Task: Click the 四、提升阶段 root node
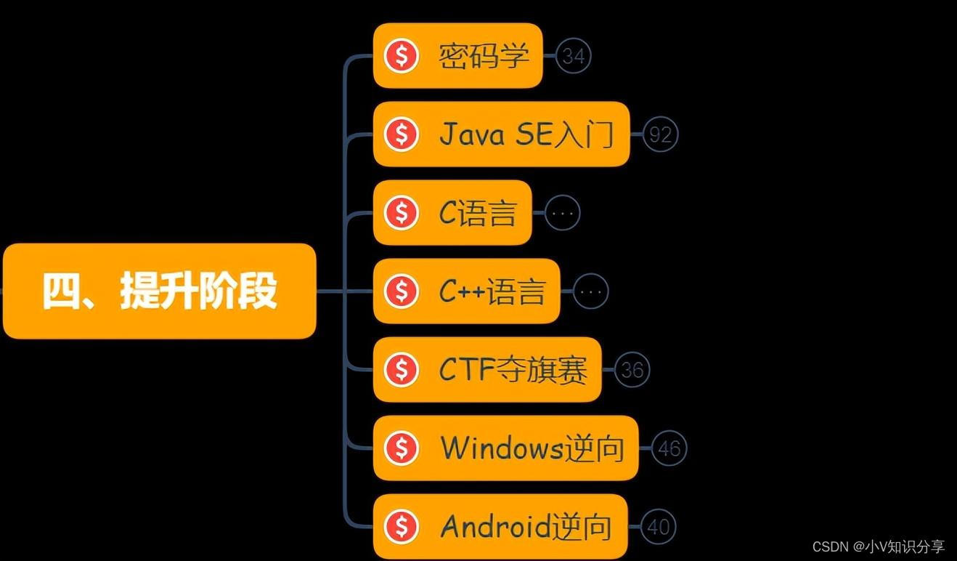(159, 291)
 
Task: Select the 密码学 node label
(484, 56)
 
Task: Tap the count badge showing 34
(574, 55)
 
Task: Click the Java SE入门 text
(526, 134)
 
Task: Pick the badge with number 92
(661, 134)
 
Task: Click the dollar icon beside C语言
(402, 213)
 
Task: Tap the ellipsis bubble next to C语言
(563, 213)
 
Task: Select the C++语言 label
(492, 291)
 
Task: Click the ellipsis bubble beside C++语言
(591, 291)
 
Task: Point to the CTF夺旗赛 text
(513, 370)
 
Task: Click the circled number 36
(632, 370)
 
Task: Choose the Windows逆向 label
(532, 448)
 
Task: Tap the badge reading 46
(669, 448)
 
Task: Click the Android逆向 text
(526, 527)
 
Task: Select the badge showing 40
(659, 527)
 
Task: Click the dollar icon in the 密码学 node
(402, 56)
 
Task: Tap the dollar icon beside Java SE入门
(402, 134)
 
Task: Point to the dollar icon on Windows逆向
(402, 448)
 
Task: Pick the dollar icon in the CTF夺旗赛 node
(402, 370)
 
